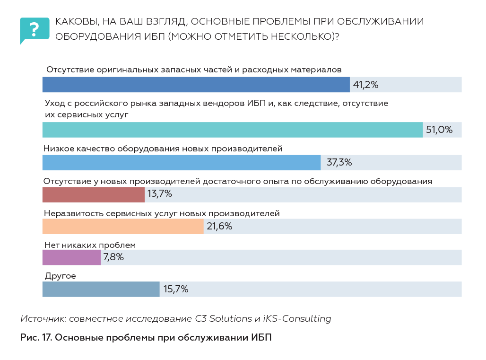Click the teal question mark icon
34,30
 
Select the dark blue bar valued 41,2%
196,85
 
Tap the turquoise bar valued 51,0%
232,130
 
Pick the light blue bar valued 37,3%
182,163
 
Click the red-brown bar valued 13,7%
93,194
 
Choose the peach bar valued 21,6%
123,227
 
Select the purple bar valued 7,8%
71,257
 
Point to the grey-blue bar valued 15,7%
101,290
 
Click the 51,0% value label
439,130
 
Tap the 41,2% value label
365,85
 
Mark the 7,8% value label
113,257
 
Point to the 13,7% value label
160,194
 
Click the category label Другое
60,276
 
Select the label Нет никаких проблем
90,245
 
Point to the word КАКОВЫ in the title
76,22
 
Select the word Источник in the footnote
43,319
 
